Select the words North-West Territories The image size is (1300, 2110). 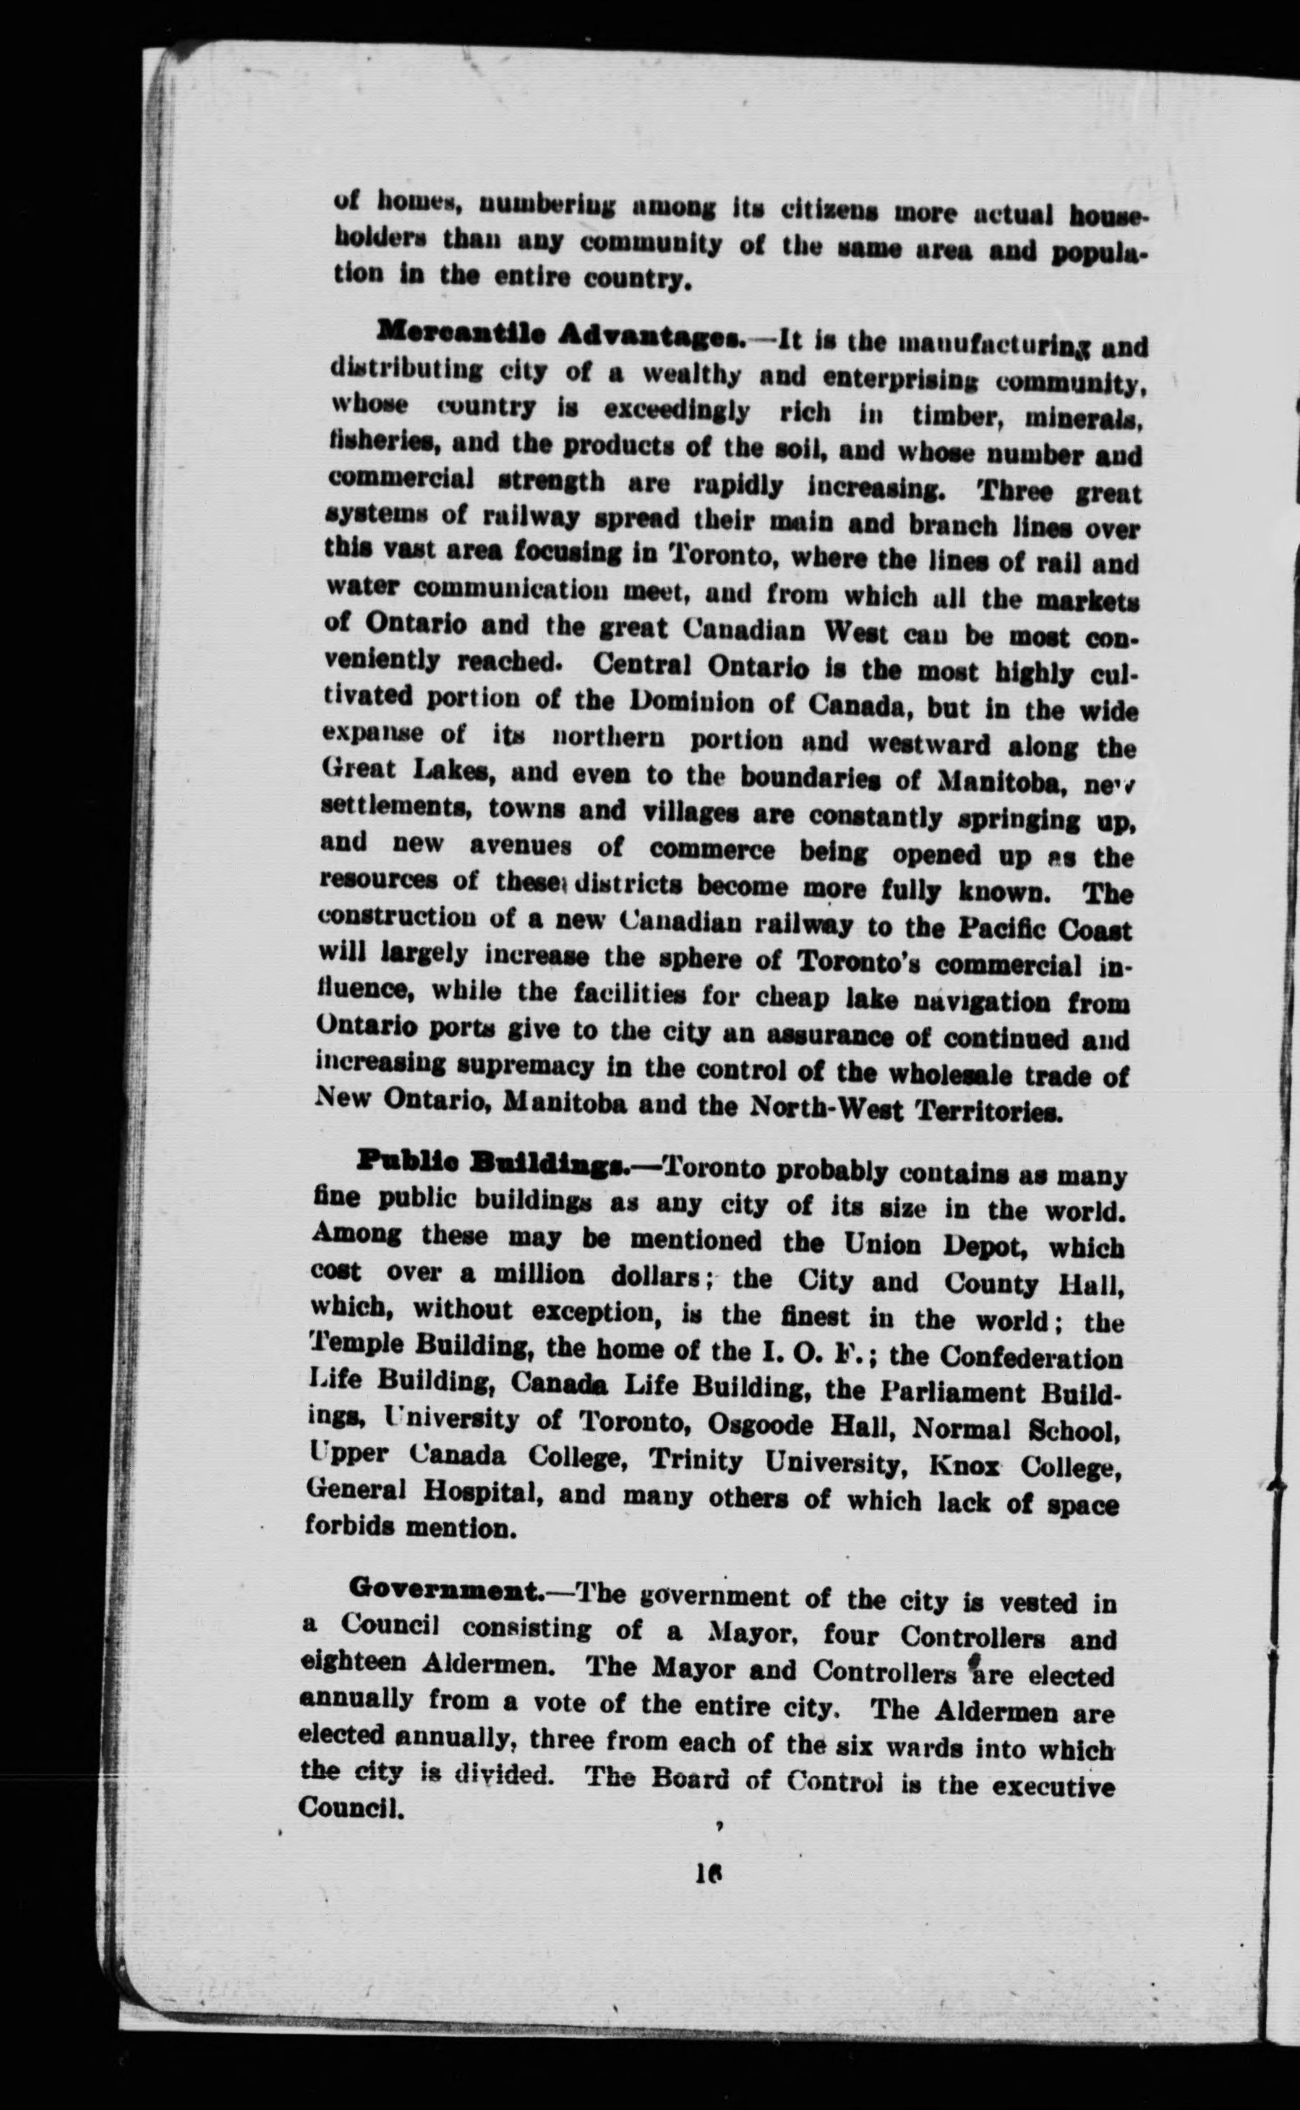point(907,1111)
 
